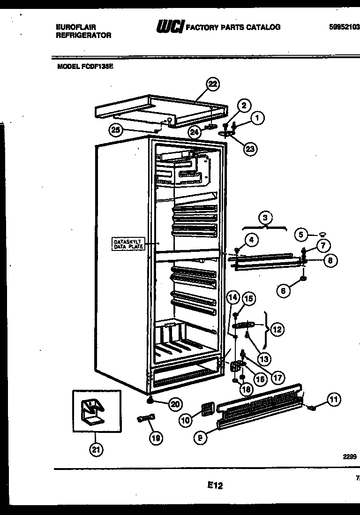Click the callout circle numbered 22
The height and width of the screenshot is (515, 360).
tap(213, 84)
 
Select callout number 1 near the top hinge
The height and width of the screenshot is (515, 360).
tap(257, 119)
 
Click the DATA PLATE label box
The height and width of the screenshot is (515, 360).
tap(128, 244)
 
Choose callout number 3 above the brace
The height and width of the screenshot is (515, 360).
tap(265, 218)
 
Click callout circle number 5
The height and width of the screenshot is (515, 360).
tap(302, 234)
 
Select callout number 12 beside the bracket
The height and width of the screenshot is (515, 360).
tap(277, 329)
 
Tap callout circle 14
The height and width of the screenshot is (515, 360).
tap(233, 297)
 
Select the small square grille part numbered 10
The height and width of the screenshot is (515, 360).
tap(205, 409)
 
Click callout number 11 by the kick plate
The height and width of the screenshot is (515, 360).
tap(333, 400)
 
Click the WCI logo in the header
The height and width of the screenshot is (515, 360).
tap(171, 27)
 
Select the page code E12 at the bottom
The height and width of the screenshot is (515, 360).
tap(215, 486)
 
